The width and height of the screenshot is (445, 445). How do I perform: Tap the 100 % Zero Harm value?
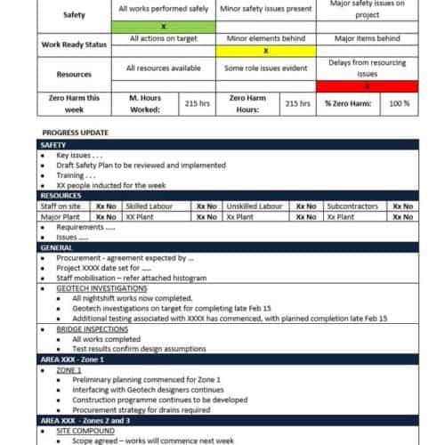pos(400,103)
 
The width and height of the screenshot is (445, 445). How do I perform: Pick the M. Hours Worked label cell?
pos(147,103)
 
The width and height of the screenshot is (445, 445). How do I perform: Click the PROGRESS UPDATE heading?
pos(76,133)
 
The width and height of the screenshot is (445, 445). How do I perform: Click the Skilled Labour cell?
pos(157,206)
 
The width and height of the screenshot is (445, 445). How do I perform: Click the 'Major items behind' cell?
pos(367,39)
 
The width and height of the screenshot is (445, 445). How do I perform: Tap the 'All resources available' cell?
pos(164,68)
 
